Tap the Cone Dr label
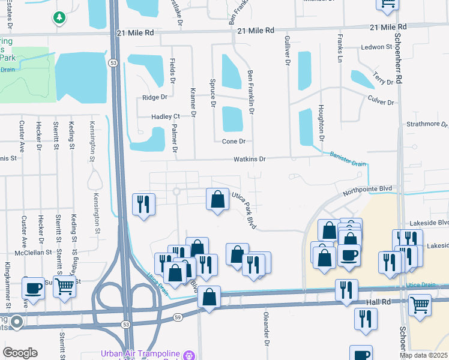(x=234, y=141)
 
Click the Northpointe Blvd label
(x=367, y=189)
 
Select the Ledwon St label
(x=376, y=46)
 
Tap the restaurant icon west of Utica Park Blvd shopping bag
(x=143, y=203)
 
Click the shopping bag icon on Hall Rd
(x=209, y=296)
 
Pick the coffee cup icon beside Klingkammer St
(x=34, y=287)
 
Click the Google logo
(x=20, y=353)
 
